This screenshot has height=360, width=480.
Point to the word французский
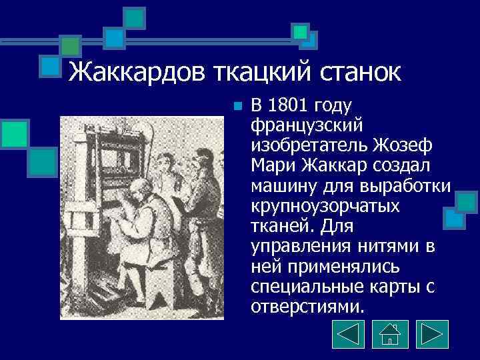click(x=306, y=125)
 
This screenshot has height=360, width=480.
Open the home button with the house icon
click(x=389, y=333)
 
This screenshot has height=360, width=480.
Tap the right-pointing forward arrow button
click(x=431, y=333)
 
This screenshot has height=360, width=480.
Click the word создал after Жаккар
click(x=413, y=163)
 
